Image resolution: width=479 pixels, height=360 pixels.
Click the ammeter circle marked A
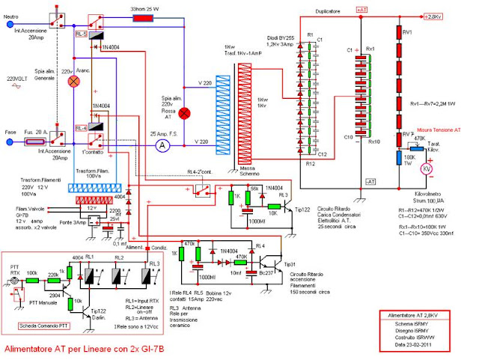(159, 147)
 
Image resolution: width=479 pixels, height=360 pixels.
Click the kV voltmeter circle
(427, 170)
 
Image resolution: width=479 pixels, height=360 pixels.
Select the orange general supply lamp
(74, 82)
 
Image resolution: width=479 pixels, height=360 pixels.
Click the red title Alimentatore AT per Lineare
(79, 349)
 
